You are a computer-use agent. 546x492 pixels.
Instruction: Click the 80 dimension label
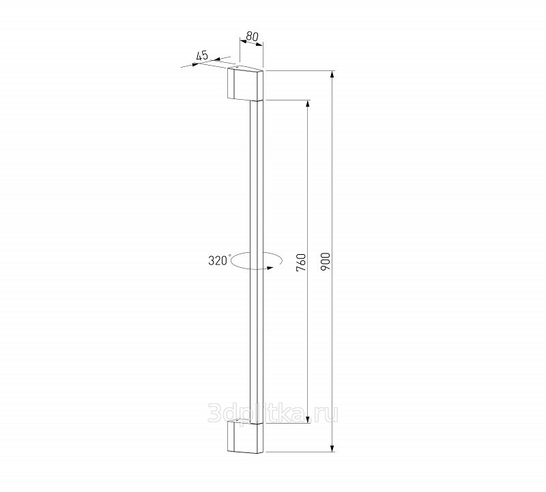[253, 36]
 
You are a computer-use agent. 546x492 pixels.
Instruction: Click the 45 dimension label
[202, 55]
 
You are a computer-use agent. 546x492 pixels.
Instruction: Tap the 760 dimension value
[301, 262]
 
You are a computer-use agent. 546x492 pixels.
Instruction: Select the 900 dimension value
[326, 262]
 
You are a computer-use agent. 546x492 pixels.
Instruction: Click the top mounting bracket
[246, 83]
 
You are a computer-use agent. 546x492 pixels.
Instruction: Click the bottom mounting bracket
[246, 436]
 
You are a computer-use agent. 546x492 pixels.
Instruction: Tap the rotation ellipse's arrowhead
[269, 268]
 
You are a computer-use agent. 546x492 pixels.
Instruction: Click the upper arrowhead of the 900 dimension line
[332, 75]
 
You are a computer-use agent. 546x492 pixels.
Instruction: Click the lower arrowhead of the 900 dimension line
[332, 448]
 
